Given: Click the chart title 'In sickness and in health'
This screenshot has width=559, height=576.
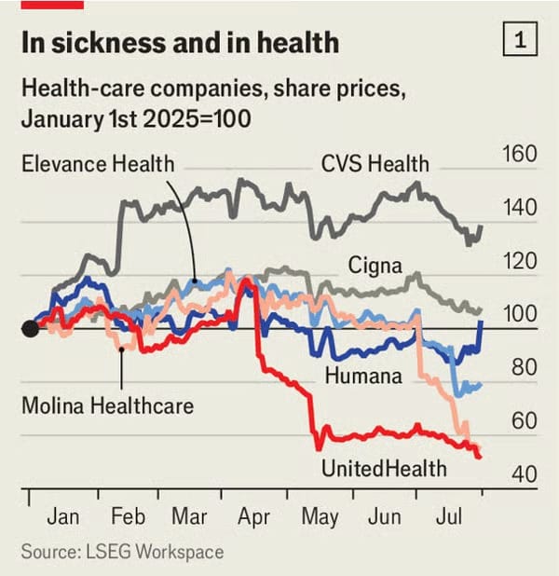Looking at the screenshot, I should (180, 43).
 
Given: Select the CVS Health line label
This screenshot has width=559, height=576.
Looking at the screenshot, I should (375, 164).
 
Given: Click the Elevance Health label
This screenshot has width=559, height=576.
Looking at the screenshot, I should (99, 164).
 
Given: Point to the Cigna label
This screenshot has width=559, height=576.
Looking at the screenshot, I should (375, 266).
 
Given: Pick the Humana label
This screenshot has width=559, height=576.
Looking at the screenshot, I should (363, 376).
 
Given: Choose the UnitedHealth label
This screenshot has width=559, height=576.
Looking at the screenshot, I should (383, 467).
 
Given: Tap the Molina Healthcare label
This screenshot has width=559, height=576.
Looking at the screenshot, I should (108, 406).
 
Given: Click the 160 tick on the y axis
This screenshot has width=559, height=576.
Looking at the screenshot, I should (519, 153).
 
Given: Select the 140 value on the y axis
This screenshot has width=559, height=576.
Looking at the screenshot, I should (519, 207).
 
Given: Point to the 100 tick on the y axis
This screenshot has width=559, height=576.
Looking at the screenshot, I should (519, 314).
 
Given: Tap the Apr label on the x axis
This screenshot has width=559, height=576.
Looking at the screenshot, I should (252, 517).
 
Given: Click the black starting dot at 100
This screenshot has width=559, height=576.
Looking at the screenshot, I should (30, 328).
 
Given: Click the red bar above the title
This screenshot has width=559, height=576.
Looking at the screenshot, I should (52, 4).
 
